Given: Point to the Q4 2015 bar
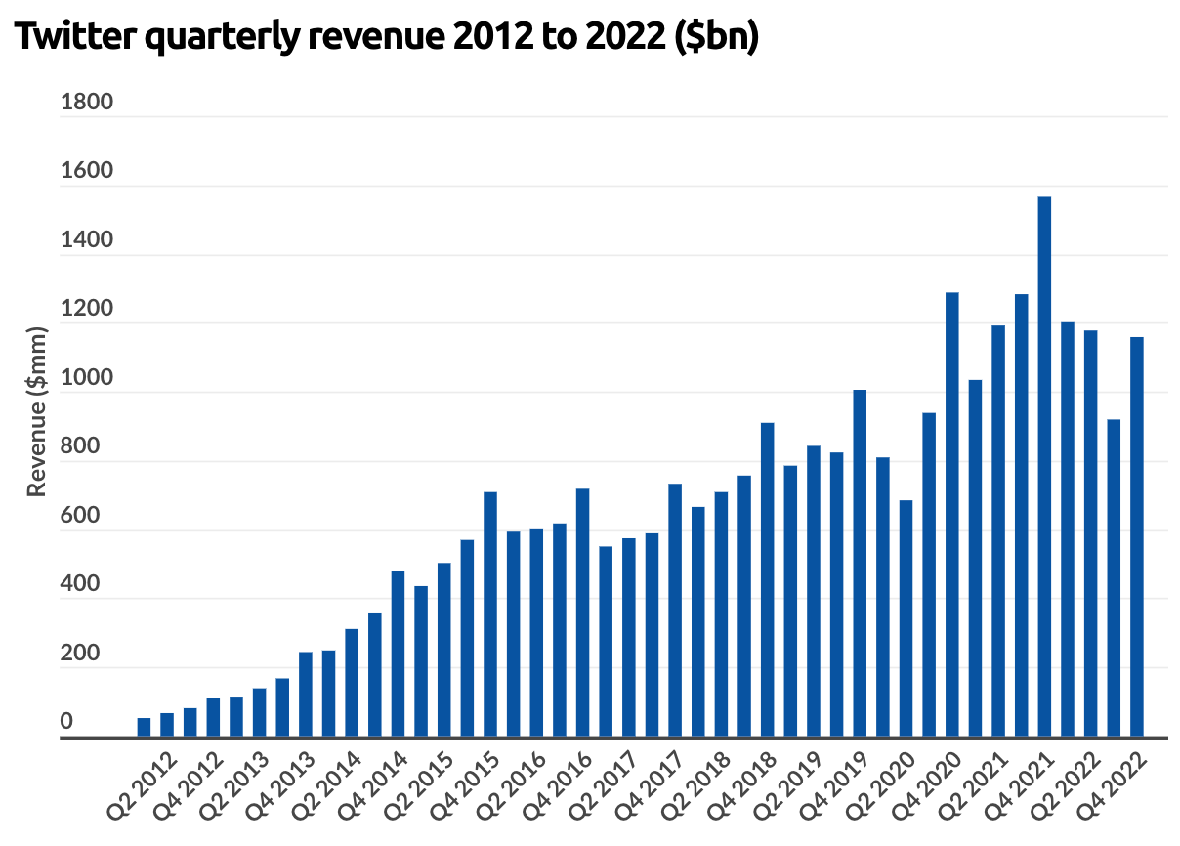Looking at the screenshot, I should coord(490,614).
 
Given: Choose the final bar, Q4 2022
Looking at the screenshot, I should coord(1136,537).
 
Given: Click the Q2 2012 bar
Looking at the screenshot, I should coord(144,728).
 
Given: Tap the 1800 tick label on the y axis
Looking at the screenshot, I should coord(87,102).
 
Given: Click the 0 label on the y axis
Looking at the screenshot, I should coord(67,722).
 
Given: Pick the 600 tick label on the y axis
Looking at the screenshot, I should coord(80,517).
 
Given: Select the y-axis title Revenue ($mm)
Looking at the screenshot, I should coord(36,411).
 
